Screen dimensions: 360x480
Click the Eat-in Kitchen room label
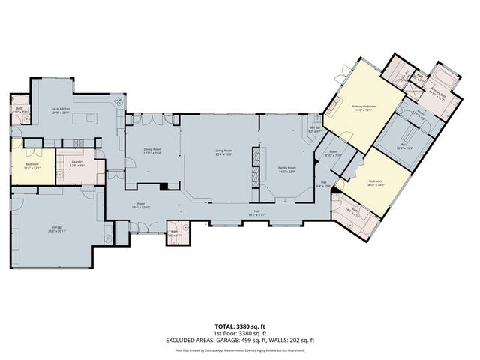pos(61,111)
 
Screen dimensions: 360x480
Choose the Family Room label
pos(287,169)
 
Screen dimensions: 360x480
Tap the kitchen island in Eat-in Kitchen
pos(85,117)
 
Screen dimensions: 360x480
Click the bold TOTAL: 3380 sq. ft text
pos(240,328)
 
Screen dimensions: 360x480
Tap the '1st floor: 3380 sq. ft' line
pos(240,334)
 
